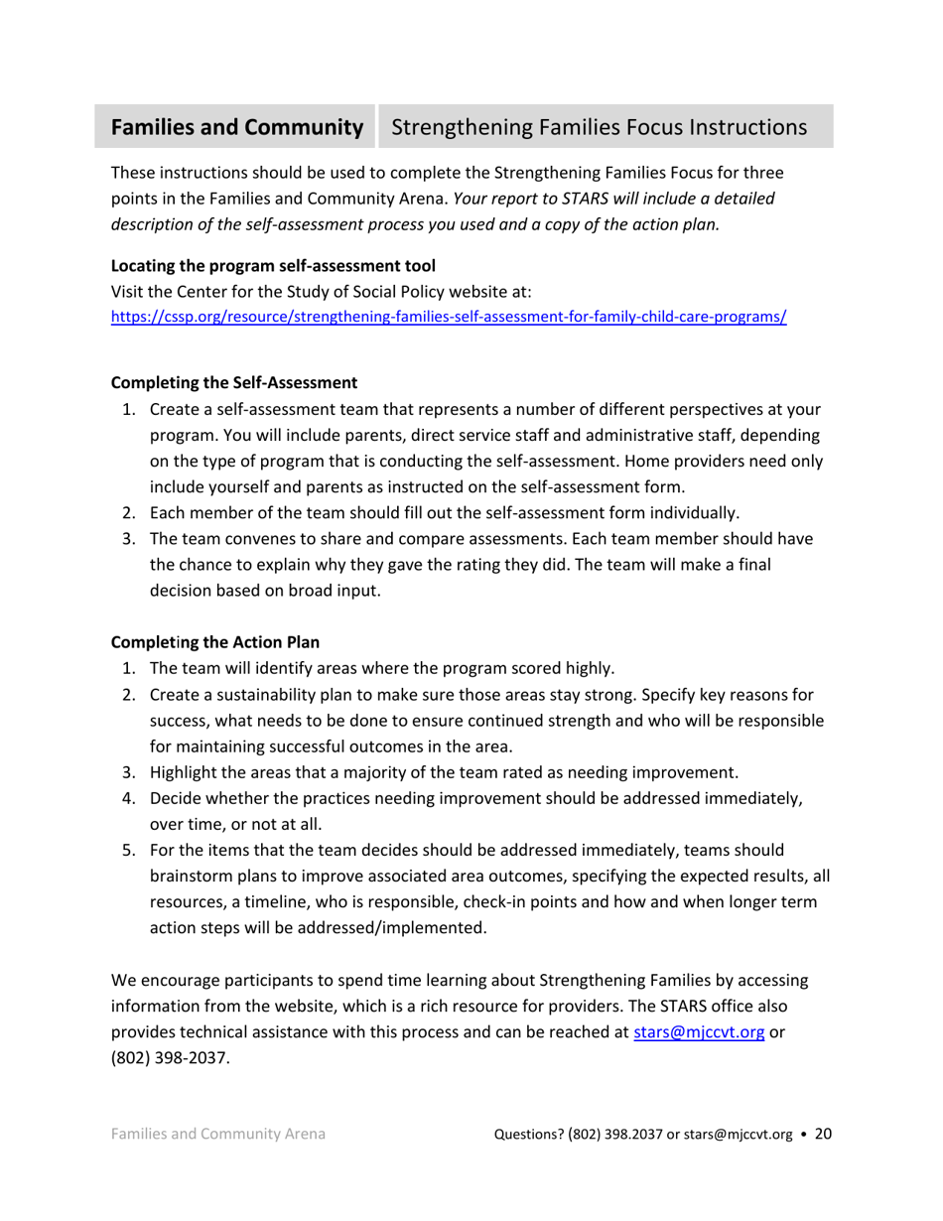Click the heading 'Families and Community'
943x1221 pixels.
pos(236,128)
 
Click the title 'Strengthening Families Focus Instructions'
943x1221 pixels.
pos(599,128)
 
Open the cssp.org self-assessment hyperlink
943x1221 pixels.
pos(449,319)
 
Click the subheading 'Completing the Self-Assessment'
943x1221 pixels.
pos(233,382)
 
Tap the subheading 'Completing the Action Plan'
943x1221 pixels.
pos(215,641)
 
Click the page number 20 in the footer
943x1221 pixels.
pos(823,1134)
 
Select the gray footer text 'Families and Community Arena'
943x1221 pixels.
pos(218,1135)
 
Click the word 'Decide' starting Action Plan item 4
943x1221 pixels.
pos(176,798)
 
